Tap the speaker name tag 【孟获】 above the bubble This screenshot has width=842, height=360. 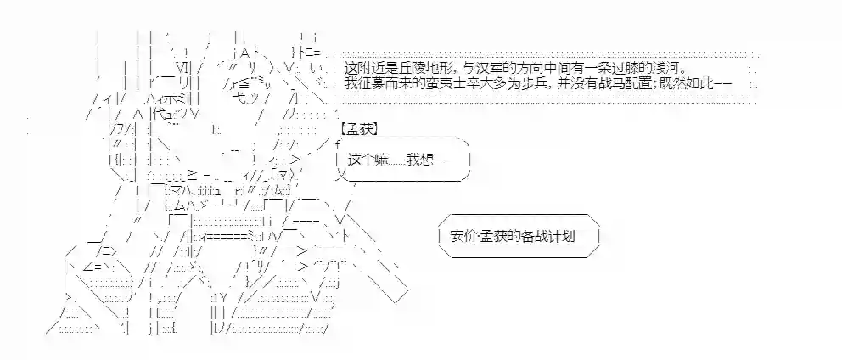359,129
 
